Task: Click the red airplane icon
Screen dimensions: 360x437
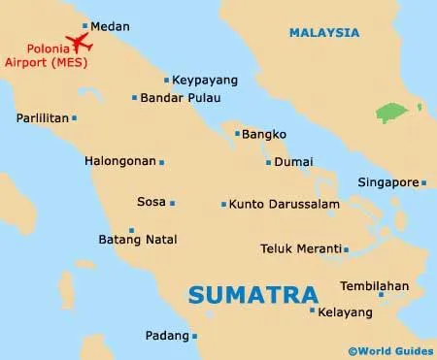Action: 76,42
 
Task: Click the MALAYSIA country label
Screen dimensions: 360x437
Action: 325,34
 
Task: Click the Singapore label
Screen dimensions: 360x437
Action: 387,182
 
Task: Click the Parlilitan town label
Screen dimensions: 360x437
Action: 42,118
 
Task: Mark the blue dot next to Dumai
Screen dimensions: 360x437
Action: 268,162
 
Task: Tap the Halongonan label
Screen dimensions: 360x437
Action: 120,161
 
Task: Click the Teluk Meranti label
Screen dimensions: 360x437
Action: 300,248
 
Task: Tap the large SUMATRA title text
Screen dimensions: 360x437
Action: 252,293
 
